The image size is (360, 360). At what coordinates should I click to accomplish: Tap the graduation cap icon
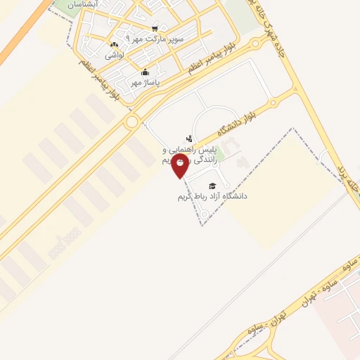[x=213, y=186]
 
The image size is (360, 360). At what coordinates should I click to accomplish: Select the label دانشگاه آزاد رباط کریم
[x=212, y=196]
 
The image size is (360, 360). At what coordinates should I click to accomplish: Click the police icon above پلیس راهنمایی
[x=188, y=139]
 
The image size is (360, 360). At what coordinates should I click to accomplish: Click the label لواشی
[x=115, y=54]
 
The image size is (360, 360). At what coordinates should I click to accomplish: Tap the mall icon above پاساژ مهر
[x=145, y=72]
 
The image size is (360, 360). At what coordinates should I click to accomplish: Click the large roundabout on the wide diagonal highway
[x=131, y=122]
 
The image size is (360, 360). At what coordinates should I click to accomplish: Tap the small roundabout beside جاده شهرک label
[x=256, y=42]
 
